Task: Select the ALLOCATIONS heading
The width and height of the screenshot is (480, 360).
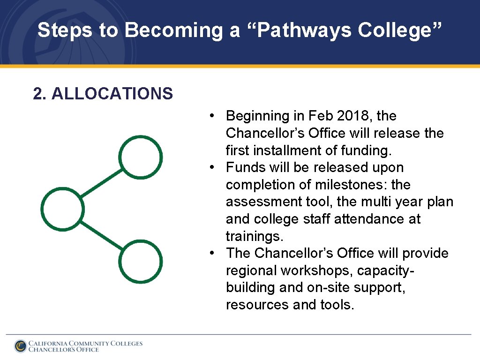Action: (x=103, y=94)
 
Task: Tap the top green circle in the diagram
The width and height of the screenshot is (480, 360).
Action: (x=141, y=157)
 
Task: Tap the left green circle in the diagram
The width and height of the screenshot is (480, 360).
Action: (x=63, y=209)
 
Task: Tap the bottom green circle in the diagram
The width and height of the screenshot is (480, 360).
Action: (x=141, y=261)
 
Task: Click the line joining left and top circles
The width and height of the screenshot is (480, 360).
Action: (x=101, y=183)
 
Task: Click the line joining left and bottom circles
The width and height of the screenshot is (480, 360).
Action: (x=101, y=235)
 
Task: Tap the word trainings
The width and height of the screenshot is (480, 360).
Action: (x=254, y=236)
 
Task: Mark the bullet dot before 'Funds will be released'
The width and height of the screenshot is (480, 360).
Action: (x=213, y=167)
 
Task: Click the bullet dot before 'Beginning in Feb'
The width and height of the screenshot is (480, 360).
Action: (x=213, y=116)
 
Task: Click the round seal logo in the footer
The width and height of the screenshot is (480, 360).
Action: (x=20, y=346)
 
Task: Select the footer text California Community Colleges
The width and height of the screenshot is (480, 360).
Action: (x=85, y=343)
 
